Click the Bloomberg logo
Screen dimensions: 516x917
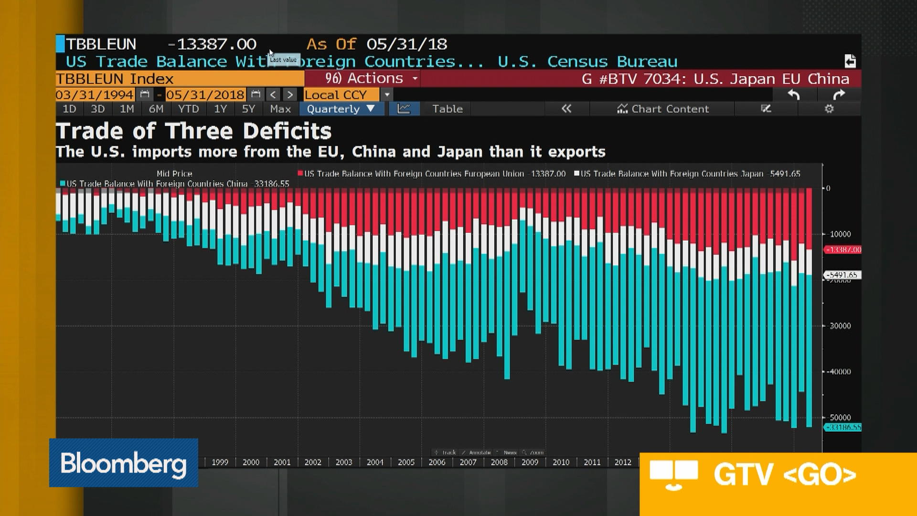[123, 462]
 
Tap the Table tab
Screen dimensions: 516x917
[447, 109]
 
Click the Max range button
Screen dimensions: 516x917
[280, 109]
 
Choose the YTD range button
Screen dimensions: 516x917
[188, 109]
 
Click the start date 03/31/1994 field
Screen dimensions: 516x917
[95, 95]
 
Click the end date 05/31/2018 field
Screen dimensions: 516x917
[205, 95]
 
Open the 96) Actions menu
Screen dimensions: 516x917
[363, 78]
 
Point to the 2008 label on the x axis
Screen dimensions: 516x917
[499, 462]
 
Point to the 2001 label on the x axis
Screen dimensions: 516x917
[282, 462]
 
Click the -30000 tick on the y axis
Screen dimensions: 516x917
[840, 326]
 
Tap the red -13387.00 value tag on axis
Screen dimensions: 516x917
[843, 250]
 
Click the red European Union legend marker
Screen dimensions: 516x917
[300, 173]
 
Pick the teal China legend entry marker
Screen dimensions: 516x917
[63, 183]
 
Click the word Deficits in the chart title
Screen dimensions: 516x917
[287, 131]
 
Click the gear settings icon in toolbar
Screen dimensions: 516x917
[829, 109]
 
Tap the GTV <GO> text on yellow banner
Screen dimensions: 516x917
[785, 474]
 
